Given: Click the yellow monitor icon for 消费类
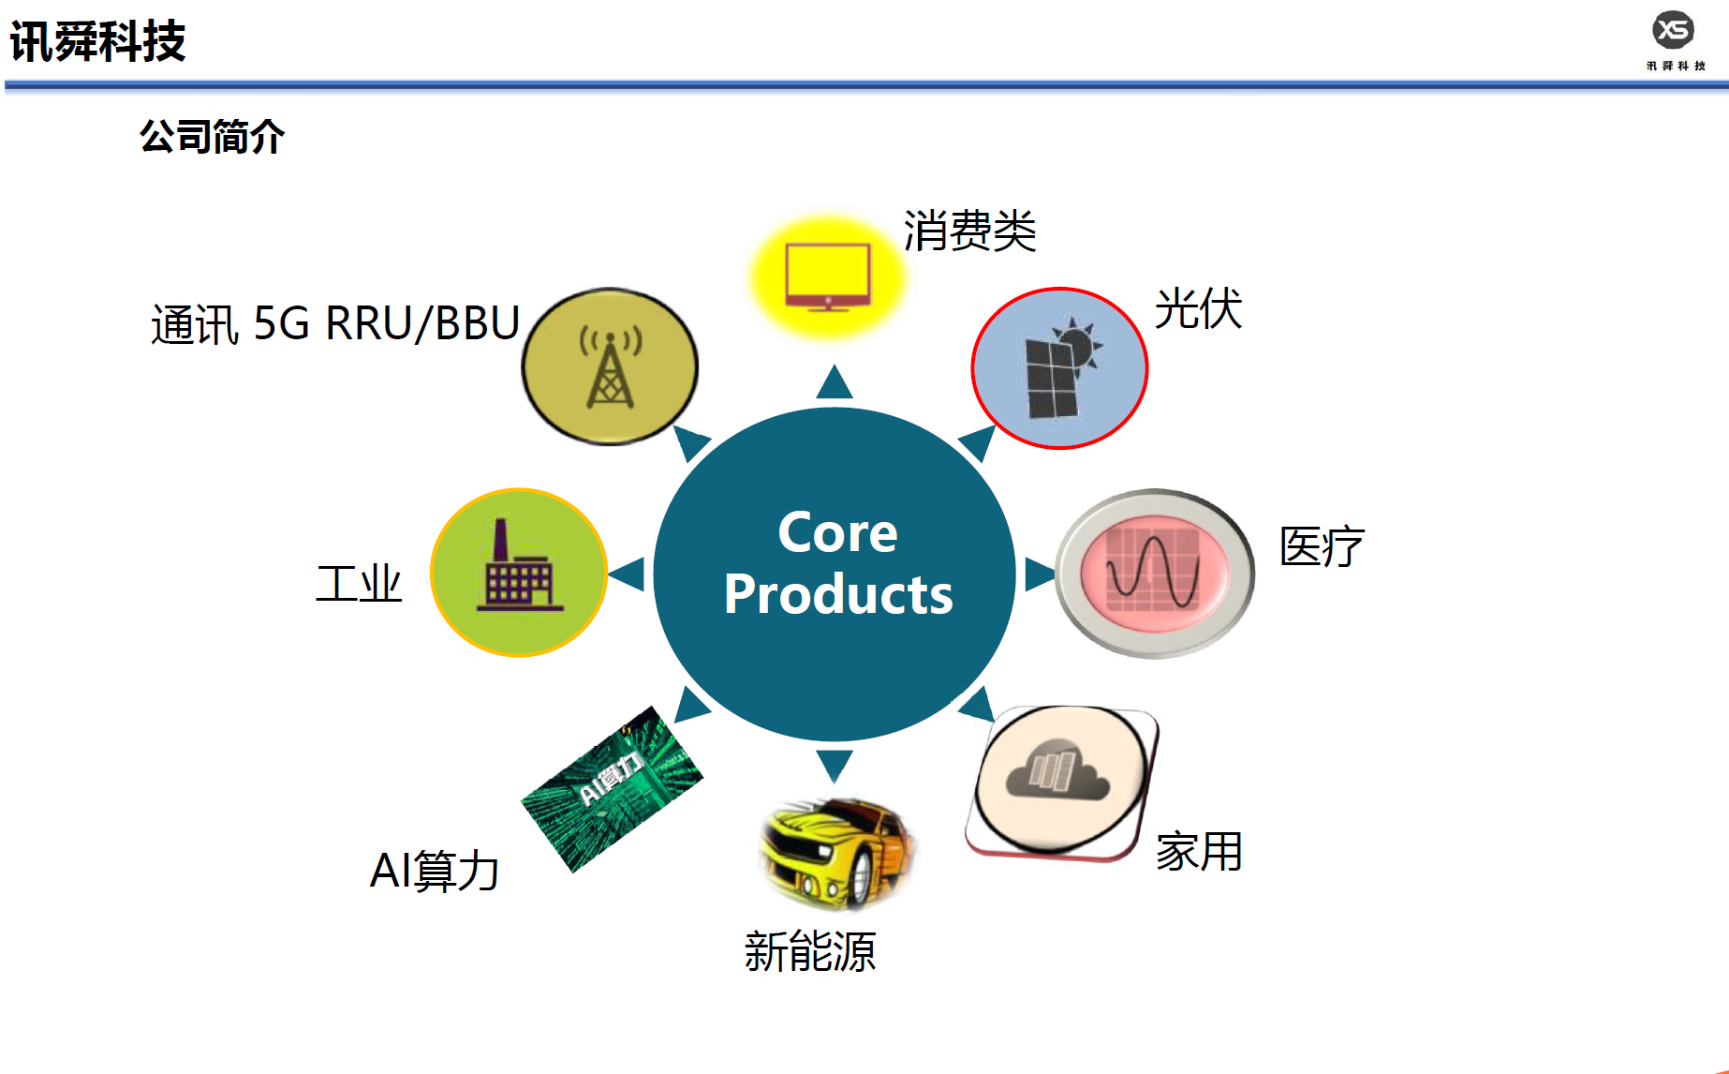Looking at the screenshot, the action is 828,276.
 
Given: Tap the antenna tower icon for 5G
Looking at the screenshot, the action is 610,366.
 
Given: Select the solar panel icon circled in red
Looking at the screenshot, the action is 1059,368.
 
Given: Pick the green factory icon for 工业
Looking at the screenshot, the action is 519,573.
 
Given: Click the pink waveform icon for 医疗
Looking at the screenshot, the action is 1155,574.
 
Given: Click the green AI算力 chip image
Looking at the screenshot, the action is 612,789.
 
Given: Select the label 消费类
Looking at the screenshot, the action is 969,231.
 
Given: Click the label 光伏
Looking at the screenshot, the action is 1198,308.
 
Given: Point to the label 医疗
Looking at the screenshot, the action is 1322,546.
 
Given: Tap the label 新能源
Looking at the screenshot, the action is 810,951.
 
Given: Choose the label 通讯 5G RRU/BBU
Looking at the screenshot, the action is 335,324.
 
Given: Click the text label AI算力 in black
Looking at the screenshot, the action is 435,871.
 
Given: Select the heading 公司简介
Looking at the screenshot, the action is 212,137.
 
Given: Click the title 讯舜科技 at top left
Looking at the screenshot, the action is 97,41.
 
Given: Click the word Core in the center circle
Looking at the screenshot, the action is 837,532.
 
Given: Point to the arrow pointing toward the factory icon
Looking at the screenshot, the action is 627,574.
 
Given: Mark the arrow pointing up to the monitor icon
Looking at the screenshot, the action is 834,381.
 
